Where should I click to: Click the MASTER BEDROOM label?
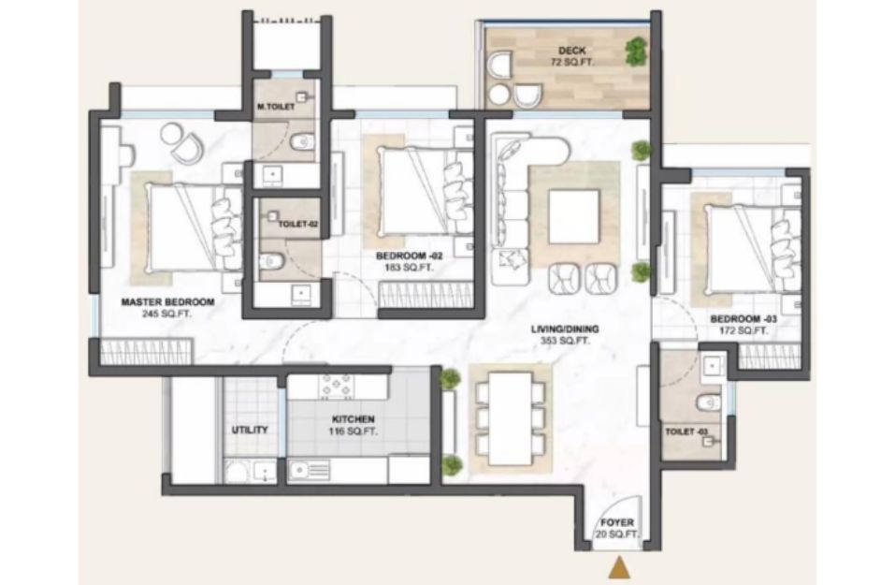point(167,301)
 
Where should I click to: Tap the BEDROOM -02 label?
point(410,256)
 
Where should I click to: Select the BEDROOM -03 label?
point(743,319)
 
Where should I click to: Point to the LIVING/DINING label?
point(565,329)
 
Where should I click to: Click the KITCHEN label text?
point(353,419)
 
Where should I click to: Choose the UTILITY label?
point(250,430)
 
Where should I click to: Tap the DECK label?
point(572,51)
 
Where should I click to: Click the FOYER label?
point(617,522)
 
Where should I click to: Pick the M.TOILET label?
point(276,107)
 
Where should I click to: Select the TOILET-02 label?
point(298,224)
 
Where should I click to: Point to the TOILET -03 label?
point(686,431)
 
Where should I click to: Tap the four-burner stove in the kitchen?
point(338,387)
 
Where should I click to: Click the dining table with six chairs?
point(511,418)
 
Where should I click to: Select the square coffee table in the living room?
point(573,216)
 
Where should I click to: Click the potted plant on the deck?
point(637,51)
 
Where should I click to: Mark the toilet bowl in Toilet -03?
point(708,402)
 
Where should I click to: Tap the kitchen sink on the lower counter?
point(309,471)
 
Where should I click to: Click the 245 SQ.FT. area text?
point(166,314)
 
